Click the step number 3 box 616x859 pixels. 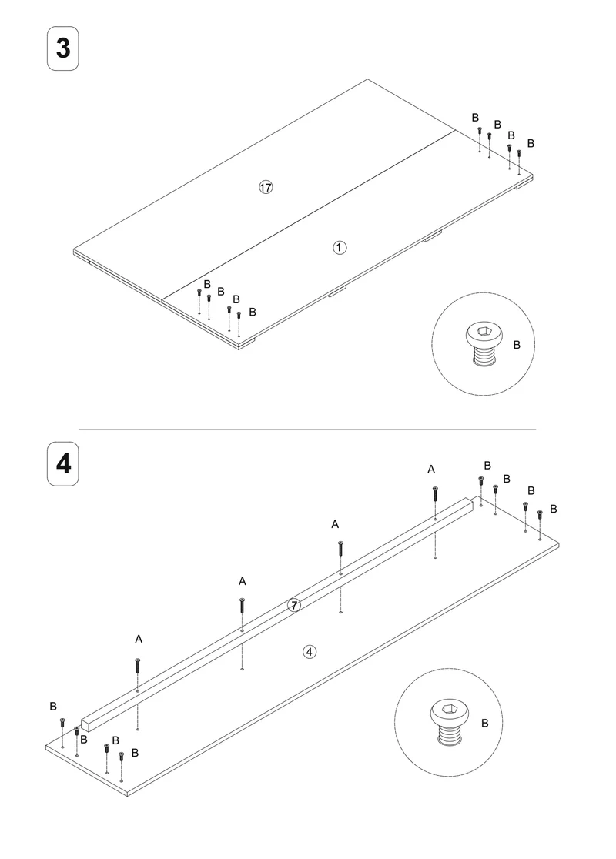[63, 48]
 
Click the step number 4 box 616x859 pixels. [63, 464]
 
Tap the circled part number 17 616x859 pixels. [266, 187]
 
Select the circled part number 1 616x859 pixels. [340, 248]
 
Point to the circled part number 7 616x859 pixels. [294, 605]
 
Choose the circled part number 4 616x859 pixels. [310, 652]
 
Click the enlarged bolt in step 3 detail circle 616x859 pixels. [484, 343]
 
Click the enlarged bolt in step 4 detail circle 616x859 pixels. [450, 722]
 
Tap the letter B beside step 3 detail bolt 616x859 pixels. [517, 345]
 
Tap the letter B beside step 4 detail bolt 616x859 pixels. [484, 724]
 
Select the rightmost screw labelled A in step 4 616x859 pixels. [435, 493]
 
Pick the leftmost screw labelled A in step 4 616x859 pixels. [138, 666]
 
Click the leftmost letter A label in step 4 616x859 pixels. [139, 640]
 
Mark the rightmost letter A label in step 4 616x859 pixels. [431, 470]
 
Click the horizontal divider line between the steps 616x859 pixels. [307, 429]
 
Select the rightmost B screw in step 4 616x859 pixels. [539, 515]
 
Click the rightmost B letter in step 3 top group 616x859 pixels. [531, 143]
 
